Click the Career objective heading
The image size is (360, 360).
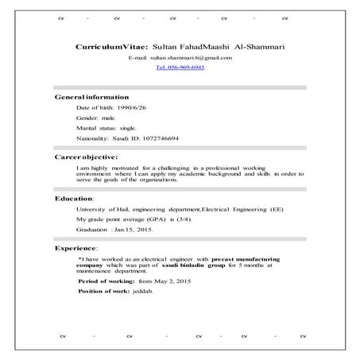(x=86, y=157)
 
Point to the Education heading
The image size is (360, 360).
(x=74, y=198)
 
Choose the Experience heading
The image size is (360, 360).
(x=76, y=249)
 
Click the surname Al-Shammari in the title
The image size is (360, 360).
(x=254, y=48)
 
